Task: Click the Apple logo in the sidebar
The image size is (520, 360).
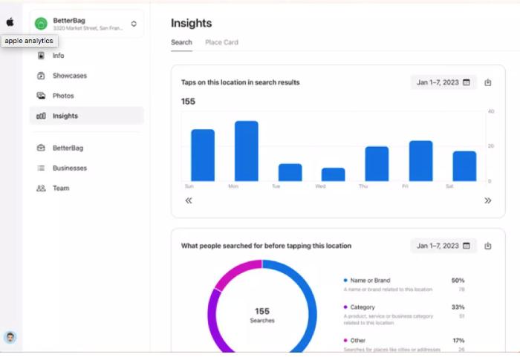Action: click(x=10, y=23)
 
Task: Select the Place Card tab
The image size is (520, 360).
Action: click(x=221, y=42)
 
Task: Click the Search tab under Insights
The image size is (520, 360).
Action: click(x=181, y=42)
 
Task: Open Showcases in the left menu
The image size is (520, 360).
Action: click(x=69, y=76)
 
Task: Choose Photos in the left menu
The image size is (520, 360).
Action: click(x=62, y=96)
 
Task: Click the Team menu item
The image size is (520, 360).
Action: click(x=60, y=189)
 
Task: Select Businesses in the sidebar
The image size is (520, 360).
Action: click(x=69, y=168)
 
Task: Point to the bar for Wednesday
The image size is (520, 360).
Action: click(x=334, y=174)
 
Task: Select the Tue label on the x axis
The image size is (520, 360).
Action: click(x=276, y=186)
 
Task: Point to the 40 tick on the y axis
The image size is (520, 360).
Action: click(x=491, y=111)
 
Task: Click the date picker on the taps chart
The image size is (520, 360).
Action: click(x=443, y=82)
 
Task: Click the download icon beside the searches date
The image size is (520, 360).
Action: click(x=488, y=246)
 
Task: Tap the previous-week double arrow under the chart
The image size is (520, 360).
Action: click(x=189, y=200)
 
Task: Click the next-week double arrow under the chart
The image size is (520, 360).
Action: click(x=488, y=200)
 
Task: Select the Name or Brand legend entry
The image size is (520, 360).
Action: click(x=371, y=281)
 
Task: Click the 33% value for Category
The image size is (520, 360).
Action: click(x=458, y=307)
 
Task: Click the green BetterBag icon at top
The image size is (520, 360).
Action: click(x=41, y=24)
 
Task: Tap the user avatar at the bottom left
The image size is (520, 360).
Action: click(x=10, y=338)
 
